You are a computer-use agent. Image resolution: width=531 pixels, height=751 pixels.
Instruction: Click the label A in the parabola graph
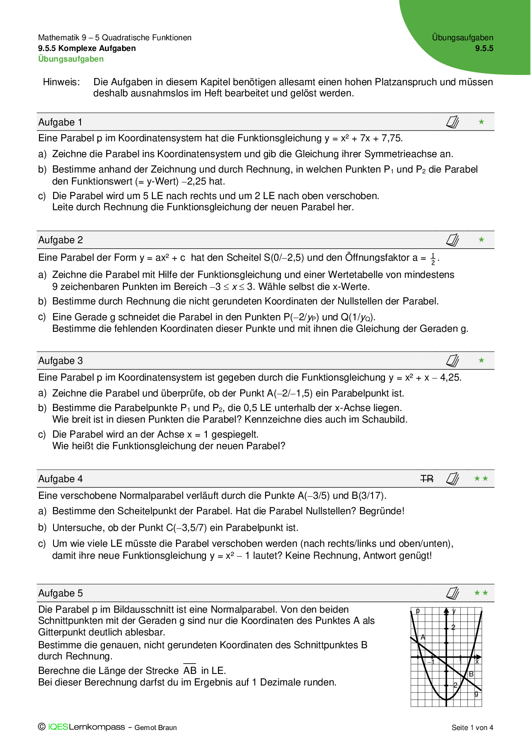(x=423, y=637)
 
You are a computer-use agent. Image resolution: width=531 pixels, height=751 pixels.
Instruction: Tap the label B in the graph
(x=471, y=674)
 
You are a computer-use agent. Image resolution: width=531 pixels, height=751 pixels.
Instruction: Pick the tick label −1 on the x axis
(x=430, y=662)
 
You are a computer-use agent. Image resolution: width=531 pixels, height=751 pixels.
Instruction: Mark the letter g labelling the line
(x=476, y=694)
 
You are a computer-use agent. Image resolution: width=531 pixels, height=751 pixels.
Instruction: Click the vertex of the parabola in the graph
(x=446, y=700)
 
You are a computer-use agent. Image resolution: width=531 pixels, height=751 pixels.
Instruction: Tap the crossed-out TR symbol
(x=427, y=479)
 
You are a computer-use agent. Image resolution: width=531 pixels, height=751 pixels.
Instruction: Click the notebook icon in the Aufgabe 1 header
(x=452, y=122)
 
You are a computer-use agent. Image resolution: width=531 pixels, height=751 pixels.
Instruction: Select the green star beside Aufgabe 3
(x=481, y=361)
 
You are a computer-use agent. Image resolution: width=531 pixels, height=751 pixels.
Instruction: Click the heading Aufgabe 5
(x=60, y=593)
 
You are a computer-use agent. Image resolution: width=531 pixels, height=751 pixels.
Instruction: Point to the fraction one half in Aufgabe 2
(x=433, y=259)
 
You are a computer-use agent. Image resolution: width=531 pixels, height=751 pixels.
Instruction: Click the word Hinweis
(x=61, y=82)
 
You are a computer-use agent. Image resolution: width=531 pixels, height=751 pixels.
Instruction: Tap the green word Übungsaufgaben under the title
(x=71, y=59)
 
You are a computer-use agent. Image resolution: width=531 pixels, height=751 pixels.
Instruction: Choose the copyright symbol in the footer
(x=42, y=727)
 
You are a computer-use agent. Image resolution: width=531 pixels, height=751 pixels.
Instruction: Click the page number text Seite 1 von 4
(x=472, y=727)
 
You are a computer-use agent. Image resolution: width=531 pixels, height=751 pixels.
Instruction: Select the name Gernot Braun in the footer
(x=155, y=727)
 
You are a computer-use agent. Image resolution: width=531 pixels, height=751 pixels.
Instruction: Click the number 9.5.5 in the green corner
(x=484, y=48)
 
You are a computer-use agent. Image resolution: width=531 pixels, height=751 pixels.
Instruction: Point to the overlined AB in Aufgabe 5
(x=190, y=671)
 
